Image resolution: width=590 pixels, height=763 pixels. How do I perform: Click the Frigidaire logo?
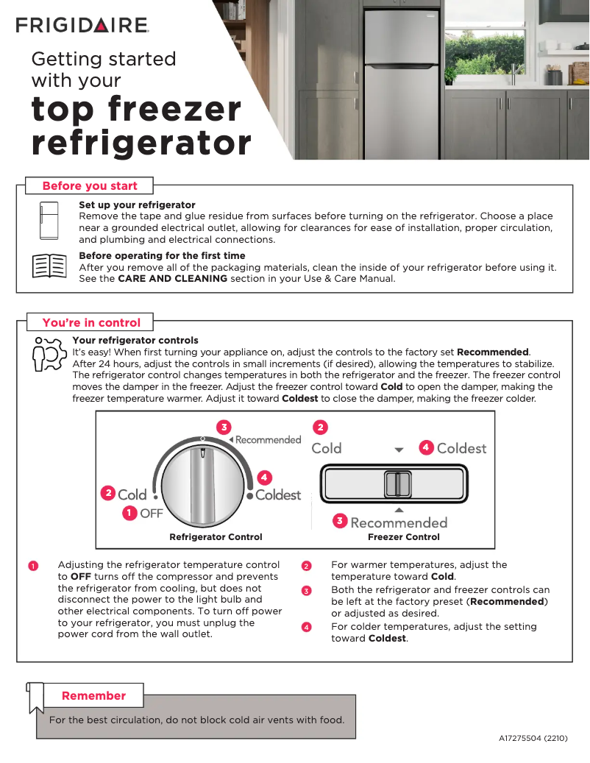point(82,26)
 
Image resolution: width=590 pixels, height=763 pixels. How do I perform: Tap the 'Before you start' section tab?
point(90,185)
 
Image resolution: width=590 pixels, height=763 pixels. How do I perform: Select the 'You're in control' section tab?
point(91,322)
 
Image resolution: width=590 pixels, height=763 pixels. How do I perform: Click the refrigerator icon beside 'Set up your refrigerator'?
point(49,220)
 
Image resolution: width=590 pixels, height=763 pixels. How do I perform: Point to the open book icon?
point(49,266)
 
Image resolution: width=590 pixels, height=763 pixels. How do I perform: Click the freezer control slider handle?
point(398,485)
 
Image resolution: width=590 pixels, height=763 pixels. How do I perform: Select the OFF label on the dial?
point(151,514)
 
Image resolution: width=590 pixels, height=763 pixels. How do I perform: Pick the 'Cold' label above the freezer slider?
point(326,448)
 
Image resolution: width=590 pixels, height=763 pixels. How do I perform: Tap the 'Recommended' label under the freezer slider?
point(399,522)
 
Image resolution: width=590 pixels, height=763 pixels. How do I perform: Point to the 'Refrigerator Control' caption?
point(216,537)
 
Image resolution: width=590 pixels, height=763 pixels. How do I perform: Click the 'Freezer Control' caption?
point(404,537)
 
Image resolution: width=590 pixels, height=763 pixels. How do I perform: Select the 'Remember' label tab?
point(93,695)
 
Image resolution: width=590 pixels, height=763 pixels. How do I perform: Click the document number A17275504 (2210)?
point(533,738)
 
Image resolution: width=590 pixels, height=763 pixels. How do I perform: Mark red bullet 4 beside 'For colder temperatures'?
point(307,627)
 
